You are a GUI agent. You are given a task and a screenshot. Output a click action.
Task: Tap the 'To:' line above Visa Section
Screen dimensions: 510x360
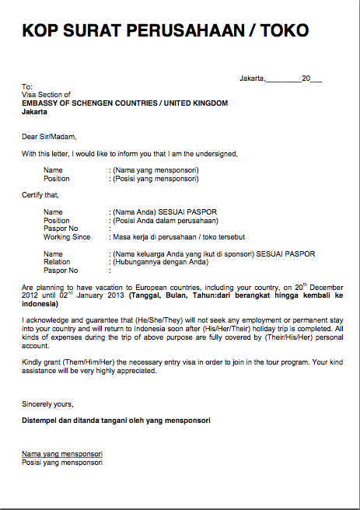point(27,86)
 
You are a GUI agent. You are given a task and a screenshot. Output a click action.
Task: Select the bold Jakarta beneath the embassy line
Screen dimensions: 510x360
point(34,111)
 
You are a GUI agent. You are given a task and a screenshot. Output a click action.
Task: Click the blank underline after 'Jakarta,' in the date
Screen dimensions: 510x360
point(283,79)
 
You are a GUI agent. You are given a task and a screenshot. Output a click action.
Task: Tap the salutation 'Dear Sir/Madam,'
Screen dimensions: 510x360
point(48,137)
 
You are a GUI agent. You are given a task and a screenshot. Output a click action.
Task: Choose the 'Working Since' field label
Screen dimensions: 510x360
point(67,236)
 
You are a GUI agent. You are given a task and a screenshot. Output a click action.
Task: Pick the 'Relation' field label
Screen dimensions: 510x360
point(57,262)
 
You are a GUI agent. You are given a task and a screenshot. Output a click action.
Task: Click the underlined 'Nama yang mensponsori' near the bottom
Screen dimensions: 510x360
point(62,453)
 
